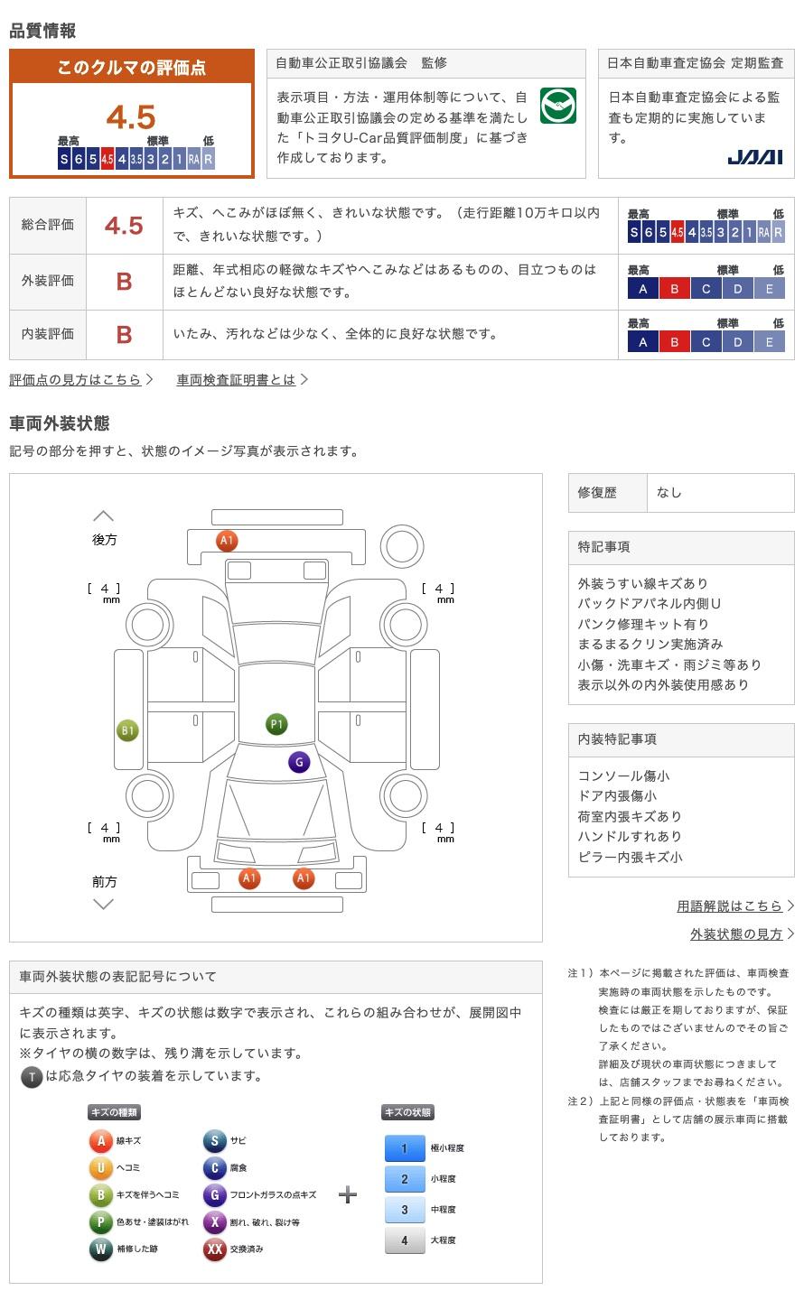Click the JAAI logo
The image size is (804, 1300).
[x=754, y=157]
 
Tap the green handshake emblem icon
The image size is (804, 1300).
[x=557, y=106]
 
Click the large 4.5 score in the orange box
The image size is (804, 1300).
[x=131, y=117]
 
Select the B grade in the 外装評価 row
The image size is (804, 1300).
[x=124, y=282]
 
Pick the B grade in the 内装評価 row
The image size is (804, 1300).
[x=124, y=335]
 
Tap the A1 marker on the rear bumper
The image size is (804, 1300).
[x=227, y=540]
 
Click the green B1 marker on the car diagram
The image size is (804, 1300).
[x=127, y=730]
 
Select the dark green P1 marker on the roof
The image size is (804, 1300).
[x=276, y=724]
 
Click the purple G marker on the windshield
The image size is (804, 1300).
[x=299, y=762]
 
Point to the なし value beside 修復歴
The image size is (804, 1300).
[x=668, y=493]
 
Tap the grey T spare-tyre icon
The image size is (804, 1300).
[x=32, y=1077]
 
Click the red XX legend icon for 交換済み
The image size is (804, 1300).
[x=214, y=1249]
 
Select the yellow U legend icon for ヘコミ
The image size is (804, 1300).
[x=100, y=1167]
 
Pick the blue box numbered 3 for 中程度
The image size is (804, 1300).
[x=405, y=1210]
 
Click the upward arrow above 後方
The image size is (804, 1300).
[x=103, y=516]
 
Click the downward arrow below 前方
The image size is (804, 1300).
[x=103, y=904]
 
